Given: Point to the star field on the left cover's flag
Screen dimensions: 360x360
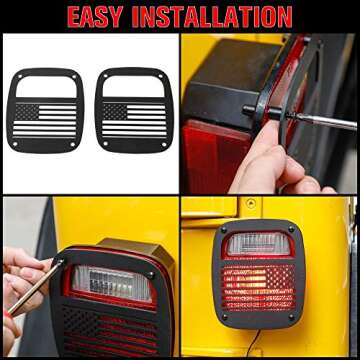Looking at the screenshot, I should (x=30, y=112).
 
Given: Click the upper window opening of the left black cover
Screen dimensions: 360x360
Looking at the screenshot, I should (x=47, y=87).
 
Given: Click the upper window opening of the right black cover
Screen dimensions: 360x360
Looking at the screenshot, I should (x=132, y=87).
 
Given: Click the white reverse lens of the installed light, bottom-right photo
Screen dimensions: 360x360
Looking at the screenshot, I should (x=257, y=246).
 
